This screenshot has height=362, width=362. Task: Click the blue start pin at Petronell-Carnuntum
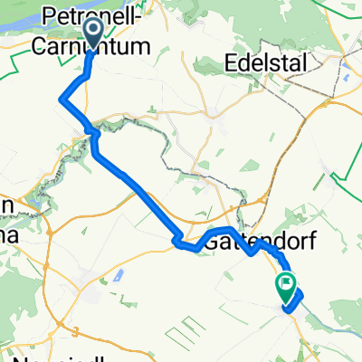(93, 35)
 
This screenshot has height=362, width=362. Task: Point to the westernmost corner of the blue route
(61, 100)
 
